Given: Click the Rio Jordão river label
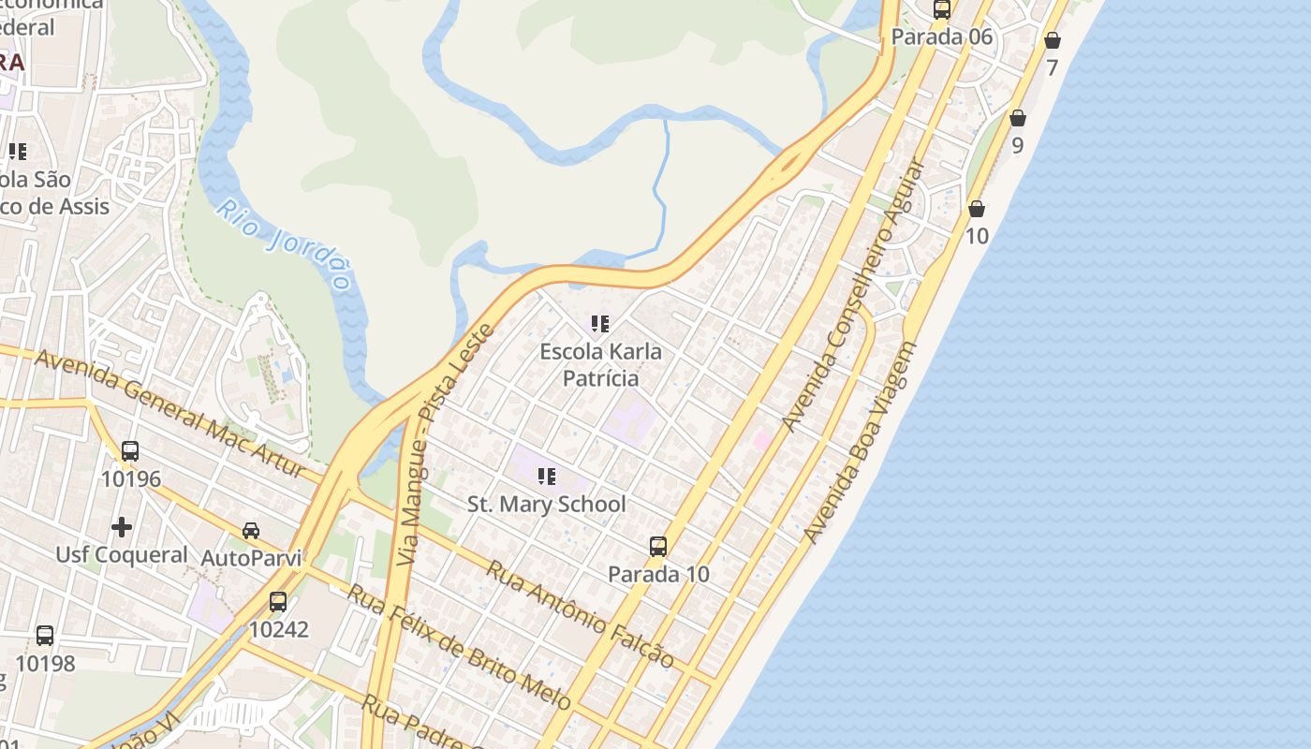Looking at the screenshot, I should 286,244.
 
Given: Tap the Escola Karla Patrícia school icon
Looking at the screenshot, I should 600,324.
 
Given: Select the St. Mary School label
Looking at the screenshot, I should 546,504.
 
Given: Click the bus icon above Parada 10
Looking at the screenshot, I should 658,547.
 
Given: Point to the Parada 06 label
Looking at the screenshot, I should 941,37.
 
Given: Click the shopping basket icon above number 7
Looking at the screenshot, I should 1053,40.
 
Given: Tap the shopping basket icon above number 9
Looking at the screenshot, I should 1018,118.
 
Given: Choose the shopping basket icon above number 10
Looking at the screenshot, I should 977,209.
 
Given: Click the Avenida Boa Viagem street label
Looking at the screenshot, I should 861,442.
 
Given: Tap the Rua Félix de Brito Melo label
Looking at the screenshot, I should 458,646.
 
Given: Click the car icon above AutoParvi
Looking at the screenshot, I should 251,531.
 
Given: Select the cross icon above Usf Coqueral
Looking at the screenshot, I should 122,527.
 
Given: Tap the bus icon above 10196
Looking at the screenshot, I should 130,450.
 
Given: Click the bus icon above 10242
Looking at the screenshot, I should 278,602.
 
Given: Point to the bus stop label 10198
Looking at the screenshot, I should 45,664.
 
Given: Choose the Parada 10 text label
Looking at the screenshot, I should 658,574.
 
